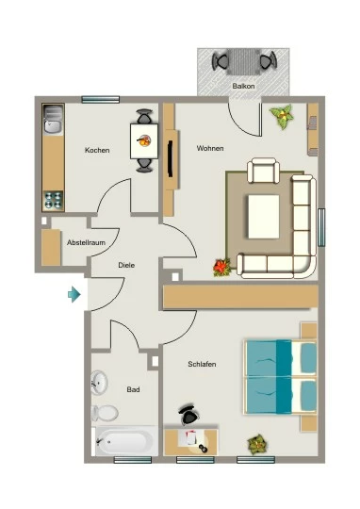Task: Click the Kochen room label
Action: tap(97, 150)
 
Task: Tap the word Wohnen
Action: tap(210, 148)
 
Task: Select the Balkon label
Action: tap(243, 86)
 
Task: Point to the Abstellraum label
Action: tap(86, 242)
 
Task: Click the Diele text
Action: tap(126, 265)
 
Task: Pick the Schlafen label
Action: tap(202, 364)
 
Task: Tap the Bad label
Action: tap(133, 389)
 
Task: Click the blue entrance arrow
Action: tap(74, 294)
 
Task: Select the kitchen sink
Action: tap(53, 120)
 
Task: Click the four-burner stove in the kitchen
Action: tap(53, 200)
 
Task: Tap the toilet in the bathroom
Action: tap(105, 413)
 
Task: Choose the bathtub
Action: tap(125, 441)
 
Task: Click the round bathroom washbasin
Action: tap(99, 382)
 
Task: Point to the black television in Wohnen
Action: tap(170, 159)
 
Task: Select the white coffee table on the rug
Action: tap(264, 217)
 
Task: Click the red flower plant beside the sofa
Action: tap(222, 268)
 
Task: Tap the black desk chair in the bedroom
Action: tap(188, 414)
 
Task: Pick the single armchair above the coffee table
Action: tap(263, 171)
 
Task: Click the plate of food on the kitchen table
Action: tap(144, 140)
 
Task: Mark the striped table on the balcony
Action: tap(243, 62)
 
